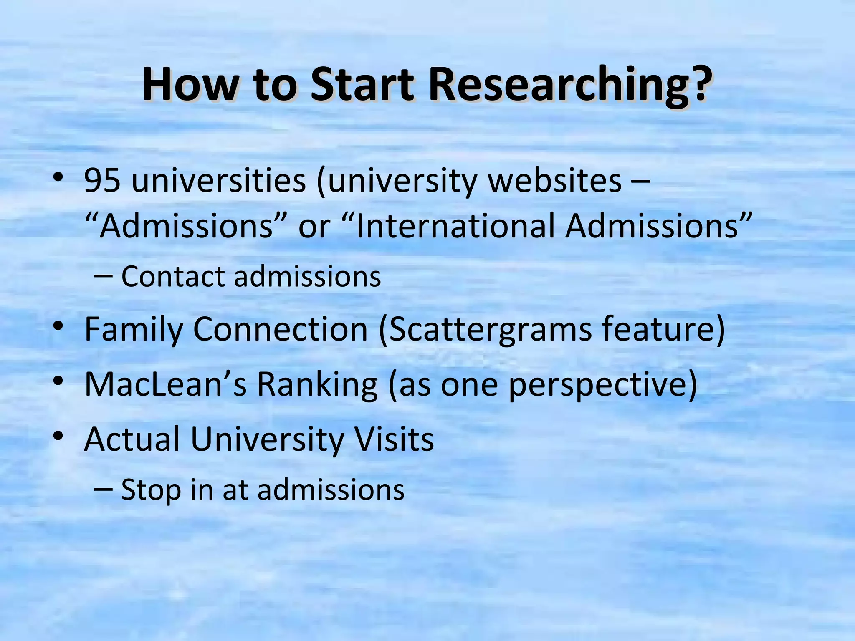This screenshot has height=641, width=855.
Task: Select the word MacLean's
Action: tap(165, 384)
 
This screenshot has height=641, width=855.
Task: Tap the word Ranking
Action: tap(317, 384)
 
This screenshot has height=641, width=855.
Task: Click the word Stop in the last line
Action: tap(151, 490)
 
